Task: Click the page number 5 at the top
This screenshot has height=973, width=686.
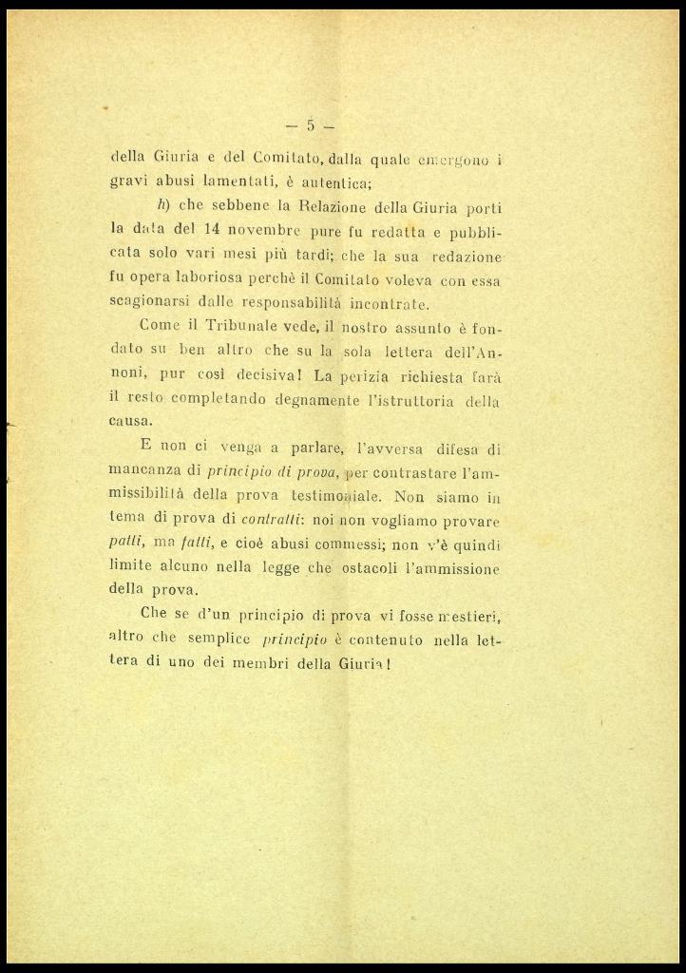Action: (310, 124)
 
